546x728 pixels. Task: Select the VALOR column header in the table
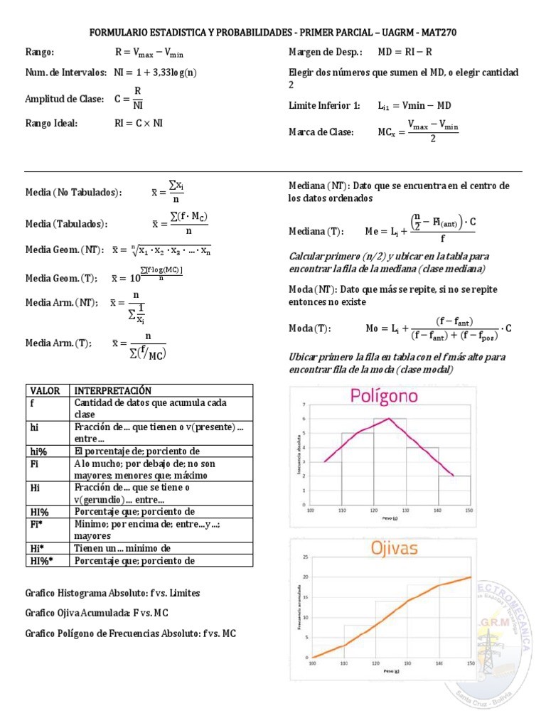pyautogui.click(x=44, y=390)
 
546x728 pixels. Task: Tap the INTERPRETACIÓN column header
pyautogui.click(x=113, y=390)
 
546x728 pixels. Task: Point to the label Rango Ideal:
pyautogui.click(x=51, y=123)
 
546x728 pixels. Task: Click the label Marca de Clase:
pyautogui.click(x=321, y=132)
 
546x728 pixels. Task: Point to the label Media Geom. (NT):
pyautogui.click(x=63, y=250)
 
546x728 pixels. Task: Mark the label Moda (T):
pyautogui.click(x=310, y=328)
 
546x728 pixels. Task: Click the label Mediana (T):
pyautogui.click(x=316, y=232)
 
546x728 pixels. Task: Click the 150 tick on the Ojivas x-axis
pyautogui.click(x=470, y=663)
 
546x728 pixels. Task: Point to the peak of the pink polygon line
pyautogui.click(x=389, y=419)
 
